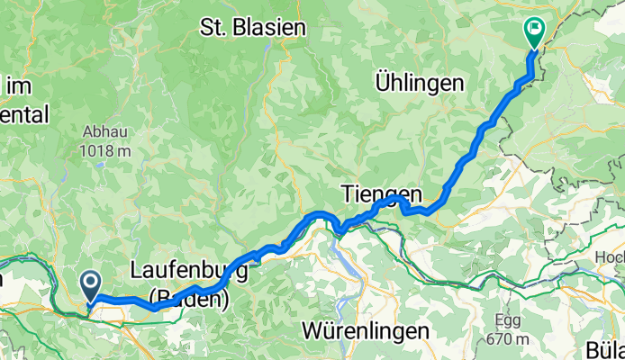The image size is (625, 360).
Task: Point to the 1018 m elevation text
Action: (105, 148)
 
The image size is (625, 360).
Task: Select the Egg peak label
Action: (508, 319)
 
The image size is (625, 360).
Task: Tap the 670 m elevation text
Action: (508, 338)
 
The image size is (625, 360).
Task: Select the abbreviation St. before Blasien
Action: (214, 27)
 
